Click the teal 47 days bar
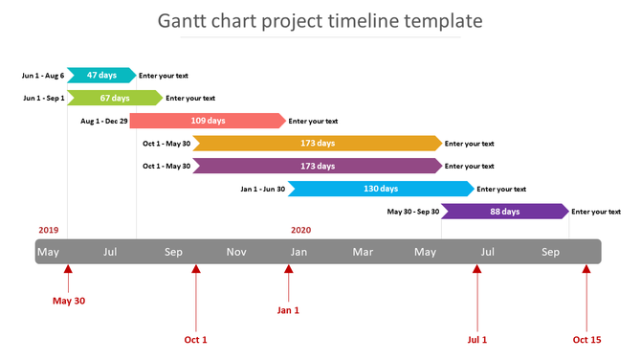tap(100, 75)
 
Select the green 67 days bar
tap(114, 98)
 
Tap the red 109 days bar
tap(208, 121)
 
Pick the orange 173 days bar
tap(317, 144)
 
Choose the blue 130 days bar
tap(381, 189)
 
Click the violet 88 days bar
tap(504, 212)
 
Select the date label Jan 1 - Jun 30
tap(262, 190)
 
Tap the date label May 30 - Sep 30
tap(412, 212)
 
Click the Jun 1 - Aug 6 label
tap(43, 75)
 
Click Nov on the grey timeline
tap(236, 252)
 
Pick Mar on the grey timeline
tap(363, 252)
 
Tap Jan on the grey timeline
tap(299, 252)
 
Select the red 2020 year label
tap(300, 230)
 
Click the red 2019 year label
tap(49, 230)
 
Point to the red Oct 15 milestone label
tap(586, 339)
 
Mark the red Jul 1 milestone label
tap(476, 339)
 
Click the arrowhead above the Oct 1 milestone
tap(195, 270)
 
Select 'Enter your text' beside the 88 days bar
tap(596, 212)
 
